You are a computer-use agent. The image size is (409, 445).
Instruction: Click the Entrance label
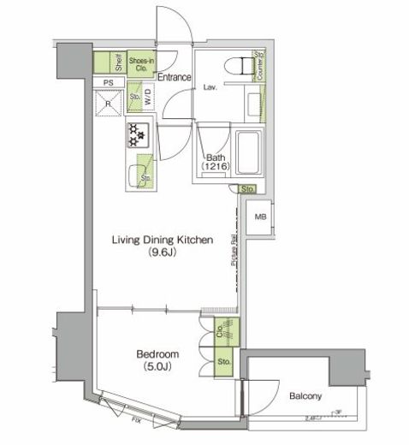tap(174, 77)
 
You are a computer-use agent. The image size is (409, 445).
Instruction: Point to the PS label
tap(107, 83)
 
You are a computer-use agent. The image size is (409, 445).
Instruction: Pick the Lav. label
tap(209, 87)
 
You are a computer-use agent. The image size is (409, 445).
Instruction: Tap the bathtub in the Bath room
tap(250, 153)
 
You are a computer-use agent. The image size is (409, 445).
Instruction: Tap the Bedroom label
tap(157, 353)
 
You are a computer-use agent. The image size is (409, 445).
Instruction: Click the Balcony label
tap(304, 395)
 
